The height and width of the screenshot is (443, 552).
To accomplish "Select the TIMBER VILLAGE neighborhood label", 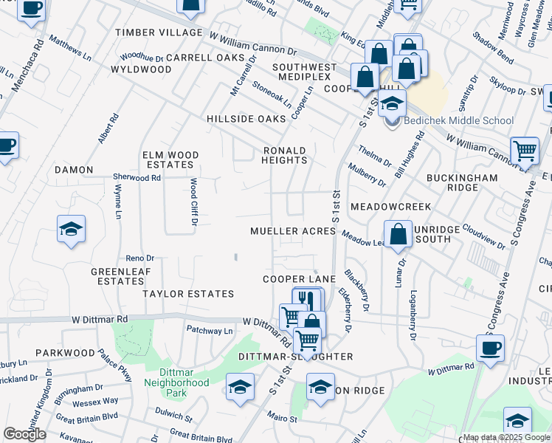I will (x=159, y=32).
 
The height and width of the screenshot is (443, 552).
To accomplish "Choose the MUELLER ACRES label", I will (x=293, y=231).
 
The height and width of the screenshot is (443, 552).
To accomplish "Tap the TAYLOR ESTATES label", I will (x=188, y=294).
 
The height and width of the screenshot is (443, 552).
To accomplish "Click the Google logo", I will (x=24, y=435).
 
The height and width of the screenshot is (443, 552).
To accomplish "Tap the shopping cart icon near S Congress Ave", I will (x=524, y=151).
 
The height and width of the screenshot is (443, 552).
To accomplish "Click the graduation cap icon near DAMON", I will (x=71, y=230).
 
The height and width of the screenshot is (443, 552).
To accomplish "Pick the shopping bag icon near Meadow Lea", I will (x=398, y=234).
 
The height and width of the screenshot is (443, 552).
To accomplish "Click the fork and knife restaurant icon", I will (x=307, y=301).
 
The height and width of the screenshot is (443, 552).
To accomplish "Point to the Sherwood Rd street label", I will (x=137, y=178).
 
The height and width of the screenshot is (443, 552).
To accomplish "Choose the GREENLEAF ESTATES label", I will (x=117, y=276).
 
